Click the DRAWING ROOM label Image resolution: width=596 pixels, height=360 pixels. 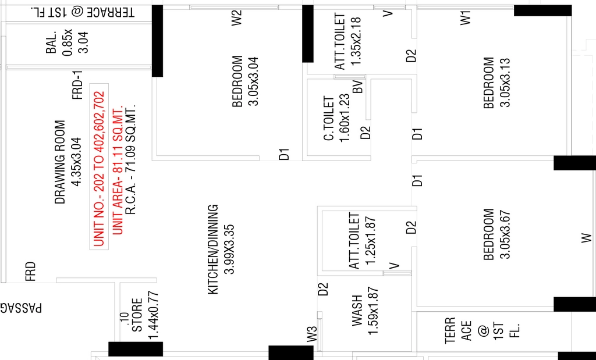(60, 162)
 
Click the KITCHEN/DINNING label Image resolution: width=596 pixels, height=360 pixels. (213, 249)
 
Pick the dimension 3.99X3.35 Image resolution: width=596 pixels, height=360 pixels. (230, 249)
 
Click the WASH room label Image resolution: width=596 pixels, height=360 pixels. (357, 310)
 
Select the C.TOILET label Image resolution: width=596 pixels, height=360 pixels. (329, 119)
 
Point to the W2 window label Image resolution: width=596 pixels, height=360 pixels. (237, 18)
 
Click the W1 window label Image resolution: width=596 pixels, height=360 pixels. (466, 18)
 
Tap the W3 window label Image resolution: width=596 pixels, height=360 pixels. (312, 333)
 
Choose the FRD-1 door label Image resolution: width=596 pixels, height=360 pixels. (77, 85)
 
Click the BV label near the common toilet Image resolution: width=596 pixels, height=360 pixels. (358, 86)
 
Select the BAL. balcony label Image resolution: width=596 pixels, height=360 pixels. (51, 42)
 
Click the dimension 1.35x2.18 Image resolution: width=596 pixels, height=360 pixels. (357, 40)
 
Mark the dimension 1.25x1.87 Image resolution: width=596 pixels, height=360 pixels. (372, 241)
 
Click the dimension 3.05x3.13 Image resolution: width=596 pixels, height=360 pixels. (505, 83)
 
